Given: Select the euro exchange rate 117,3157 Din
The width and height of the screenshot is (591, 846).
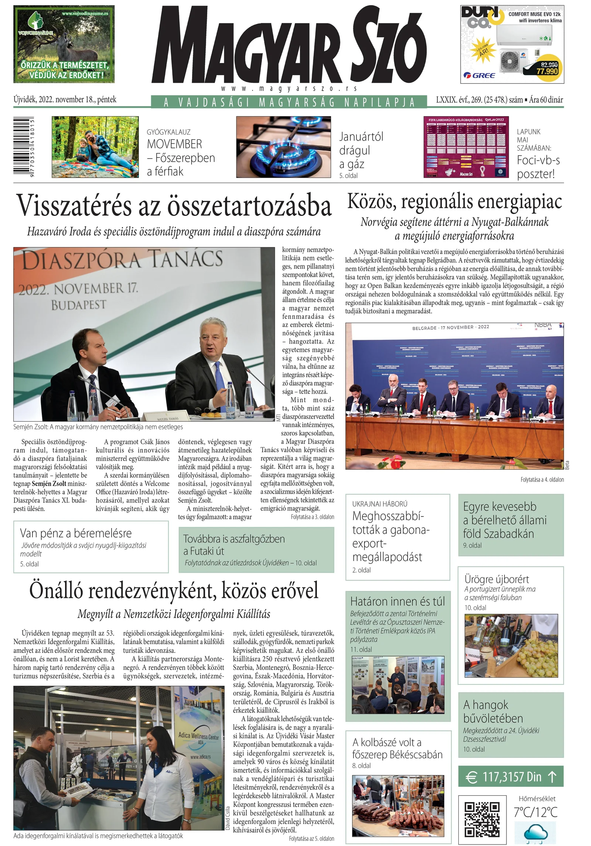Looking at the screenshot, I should pyautogui.click(x=511, y=777).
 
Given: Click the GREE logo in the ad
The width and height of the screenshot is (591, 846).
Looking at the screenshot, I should pyautogui.click(x=479, y=75).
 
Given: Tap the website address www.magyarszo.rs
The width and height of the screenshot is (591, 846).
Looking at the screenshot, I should pyautogui.click(x=289, y=89).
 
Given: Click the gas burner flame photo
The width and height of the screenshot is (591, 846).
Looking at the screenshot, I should pyautogui.click(x=283, y=147).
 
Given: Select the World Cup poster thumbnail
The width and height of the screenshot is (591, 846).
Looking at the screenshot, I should pyautogui.click(x=466, y=147).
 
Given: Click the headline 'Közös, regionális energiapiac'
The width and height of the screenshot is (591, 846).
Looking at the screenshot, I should pyautogui.click(x=454, y=202).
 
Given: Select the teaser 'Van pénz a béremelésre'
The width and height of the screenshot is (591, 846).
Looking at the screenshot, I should pyautogui.click(x=76, y=533).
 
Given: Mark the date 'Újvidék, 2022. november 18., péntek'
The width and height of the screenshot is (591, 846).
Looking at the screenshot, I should pyautogui.click(x=65, y=99).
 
